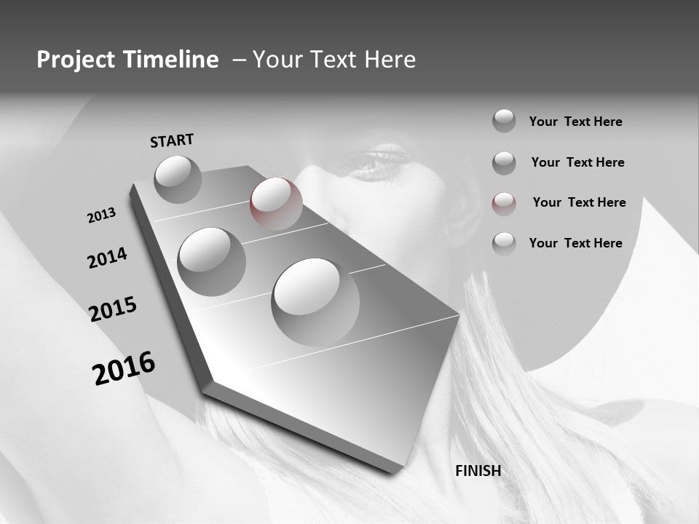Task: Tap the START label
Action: click(x=172, y=140)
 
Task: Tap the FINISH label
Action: click(x=478, y=471)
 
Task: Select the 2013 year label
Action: click(x=101, y=215)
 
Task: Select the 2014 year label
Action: click(x=107, y=258)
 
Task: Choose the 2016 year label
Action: click(x=124, y=368)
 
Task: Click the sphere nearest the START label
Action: click(x=178, y=179)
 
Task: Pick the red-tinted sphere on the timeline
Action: click(x=276, y=203)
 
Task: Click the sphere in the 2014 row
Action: click(x=211, y=261)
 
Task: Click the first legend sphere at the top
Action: click(x=504, y=121)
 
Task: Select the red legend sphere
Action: click(x=504, y=203)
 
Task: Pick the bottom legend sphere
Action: click(x=504, y=243)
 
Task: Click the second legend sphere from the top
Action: click(x=504, y=162)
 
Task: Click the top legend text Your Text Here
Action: click(x=575, y=122)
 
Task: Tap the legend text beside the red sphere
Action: click(x=579, y=202)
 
